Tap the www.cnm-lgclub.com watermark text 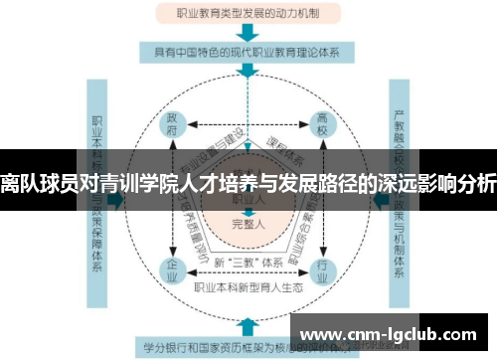pos(392,332)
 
